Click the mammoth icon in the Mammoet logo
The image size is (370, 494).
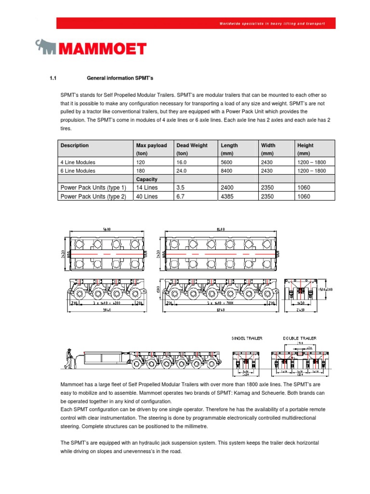[x=47, y=47]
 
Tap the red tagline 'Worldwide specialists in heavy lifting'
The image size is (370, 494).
[x=272, y=23]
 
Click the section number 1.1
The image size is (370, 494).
[x=53, y=78]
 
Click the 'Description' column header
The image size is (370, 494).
[x=75, y=145]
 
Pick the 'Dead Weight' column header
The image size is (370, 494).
[x=192, y=145]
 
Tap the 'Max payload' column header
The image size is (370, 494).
[x=151, y=145]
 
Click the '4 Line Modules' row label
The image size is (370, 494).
[x=78, y=162]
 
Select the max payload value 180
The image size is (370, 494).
[x=141, y=171]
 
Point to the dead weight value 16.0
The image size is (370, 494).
[x=182, y=162]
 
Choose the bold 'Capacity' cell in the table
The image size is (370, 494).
[x=146, y=179]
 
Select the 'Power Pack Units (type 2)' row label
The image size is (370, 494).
[x=93, y=196]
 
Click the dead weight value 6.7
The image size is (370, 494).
[x=181, y=196]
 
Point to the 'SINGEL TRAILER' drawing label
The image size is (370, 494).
[x=247, y=339]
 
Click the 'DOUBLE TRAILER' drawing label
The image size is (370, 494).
[x=300, y=339]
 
